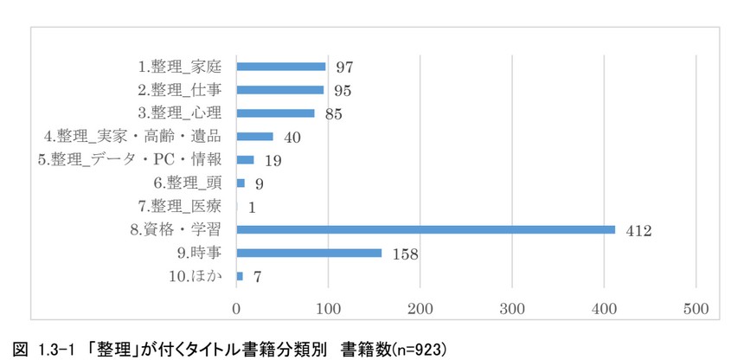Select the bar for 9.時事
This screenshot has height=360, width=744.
[x=309, y=253]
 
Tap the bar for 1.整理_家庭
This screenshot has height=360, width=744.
[x=280, y=67]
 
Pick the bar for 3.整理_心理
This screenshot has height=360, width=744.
[x=275, y=112]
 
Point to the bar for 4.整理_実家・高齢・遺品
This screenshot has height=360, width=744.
[x=254, y=136]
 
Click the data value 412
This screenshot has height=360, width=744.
[x=639, y=230]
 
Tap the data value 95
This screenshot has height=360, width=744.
[x=343, y=90]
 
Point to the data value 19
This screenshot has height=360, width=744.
[x=273, y=160]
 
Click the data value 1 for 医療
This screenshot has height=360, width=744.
[x=252, y=207]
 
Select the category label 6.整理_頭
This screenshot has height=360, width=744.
[x=187, y=183]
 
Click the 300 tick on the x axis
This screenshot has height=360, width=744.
[x=512, y=308]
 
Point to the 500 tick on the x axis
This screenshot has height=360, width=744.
[x=696, y=308]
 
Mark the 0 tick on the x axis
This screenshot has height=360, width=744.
[x=236, y=308]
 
